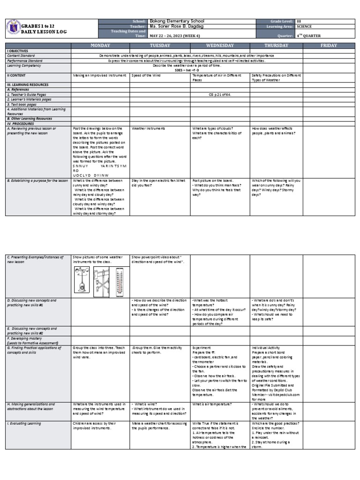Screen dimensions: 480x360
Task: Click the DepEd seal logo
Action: click(x=14, y=28)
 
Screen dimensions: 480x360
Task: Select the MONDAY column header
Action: click(x=100, y=45)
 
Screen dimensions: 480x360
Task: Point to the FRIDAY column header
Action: click(x=329, y=45)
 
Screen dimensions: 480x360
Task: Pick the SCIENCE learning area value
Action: click(x=304, y=27)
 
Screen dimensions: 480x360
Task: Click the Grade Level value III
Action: click(x=299, y=22)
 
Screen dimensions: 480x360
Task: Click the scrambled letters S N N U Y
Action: click(x=80, y=166)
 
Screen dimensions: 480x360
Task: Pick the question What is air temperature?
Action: click(x=212, y=404)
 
